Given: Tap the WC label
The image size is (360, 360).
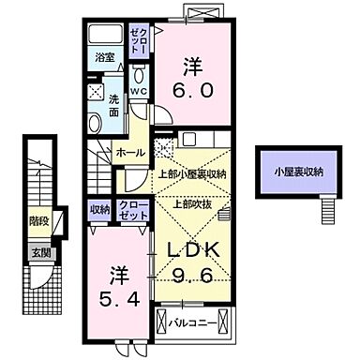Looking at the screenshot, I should click(138, 90).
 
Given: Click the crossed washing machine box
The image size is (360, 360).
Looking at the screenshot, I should click(96, 91).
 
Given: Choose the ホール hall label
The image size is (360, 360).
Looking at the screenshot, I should click(129, 152).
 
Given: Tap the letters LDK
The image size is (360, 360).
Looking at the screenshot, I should click(193, 250).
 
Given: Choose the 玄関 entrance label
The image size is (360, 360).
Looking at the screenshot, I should click(39, 251).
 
